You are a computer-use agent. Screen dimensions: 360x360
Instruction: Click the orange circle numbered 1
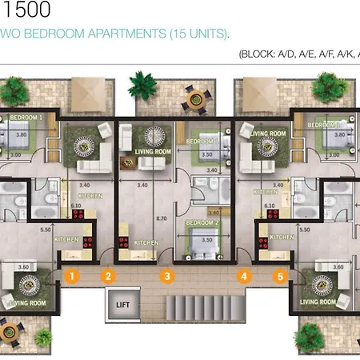pos(72,277)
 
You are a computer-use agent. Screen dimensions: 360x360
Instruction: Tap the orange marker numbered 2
pos(108,277)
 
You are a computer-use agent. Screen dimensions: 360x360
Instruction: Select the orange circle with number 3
pos(166,277)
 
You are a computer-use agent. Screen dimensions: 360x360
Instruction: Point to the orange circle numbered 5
pos(280,277)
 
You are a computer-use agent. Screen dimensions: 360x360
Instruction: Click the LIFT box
pos(122,305)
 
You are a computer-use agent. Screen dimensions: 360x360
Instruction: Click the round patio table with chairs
pos(192,98)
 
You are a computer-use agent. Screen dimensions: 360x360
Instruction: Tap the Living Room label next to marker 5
pos(315,302)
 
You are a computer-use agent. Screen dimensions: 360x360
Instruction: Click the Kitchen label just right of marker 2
pos(145,242)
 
